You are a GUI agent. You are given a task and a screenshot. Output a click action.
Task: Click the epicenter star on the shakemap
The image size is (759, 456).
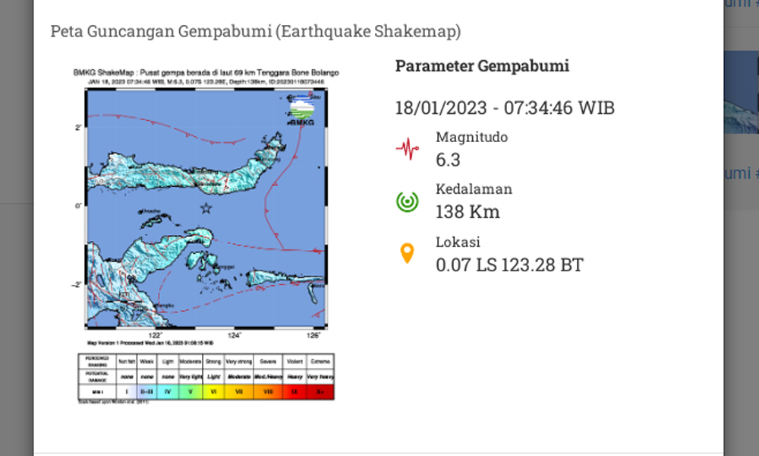coord(205,207)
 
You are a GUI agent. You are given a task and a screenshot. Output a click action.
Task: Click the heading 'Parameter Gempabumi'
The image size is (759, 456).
coord(482,66)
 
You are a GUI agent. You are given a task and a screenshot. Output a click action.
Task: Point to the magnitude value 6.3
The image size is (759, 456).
coord(448,160)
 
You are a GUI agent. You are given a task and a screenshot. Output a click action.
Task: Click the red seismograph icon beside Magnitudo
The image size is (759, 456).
coord(408,148)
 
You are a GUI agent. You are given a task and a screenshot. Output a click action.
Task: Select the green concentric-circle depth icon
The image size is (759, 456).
coord(408,201)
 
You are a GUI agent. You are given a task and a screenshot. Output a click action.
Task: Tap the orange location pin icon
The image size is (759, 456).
coord(408,254)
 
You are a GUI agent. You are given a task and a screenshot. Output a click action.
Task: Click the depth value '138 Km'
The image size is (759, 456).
coord(468,211)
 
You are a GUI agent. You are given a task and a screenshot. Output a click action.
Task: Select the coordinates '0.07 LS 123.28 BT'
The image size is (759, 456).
coord(509,264)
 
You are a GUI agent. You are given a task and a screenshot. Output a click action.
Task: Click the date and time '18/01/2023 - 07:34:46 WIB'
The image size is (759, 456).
coord(505,108)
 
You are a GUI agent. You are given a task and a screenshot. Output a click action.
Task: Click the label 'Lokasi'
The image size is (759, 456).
coord(458,242)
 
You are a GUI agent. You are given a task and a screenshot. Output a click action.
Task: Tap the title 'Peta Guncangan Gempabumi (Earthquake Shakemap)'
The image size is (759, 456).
coord(255,32)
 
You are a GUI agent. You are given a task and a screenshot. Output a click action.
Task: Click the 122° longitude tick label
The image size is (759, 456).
coord(156,335)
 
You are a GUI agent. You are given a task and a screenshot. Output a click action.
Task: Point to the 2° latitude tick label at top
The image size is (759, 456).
coord(77,128)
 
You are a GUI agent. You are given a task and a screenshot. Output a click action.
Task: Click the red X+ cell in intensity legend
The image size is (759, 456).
coord(321,391)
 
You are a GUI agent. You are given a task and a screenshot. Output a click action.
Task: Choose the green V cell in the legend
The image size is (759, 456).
coord(191,391)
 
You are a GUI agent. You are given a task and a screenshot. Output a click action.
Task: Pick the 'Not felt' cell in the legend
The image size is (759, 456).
coord(126,362)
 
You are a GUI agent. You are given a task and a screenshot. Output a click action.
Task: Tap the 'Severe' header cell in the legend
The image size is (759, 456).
coord(269,362)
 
